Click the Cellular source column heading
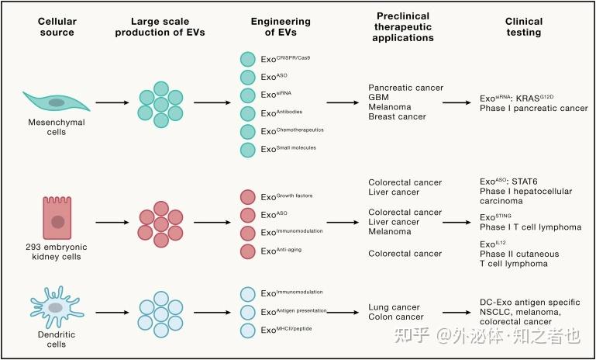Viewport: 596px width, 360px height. [57, 27]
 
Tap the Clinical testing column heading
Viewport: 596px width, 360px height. [523, 27]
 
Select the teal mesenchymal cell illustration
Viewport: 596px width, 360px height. [57, 102]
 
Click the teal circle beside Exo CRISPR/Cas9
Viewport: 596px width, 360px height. [247, 59]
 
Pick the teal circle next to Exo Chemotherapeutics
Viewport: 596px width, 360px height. [247, 130]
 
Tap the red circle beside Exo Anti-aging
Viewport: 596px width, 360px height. [247, 251]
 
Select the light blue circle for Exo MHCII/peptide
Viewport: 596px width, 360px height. [247, 331]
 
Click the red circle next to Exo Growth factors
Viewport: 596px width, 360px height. [247, 198]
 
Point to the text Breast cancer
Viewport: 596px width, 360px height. [397, 116]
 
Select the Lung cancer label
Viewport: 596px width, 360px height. [394, 307]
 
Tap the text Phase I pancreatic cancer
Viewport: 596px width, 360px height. [534, 108]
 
